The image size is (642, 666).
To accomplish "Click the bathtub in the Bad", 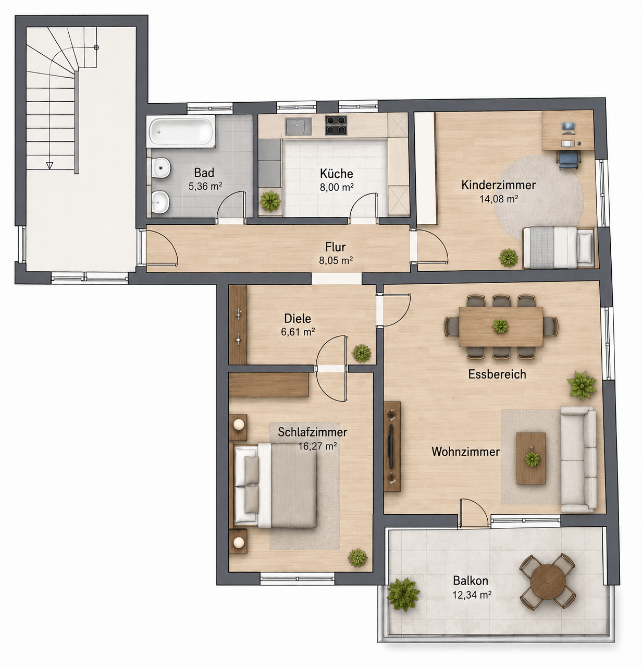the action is point(182,131).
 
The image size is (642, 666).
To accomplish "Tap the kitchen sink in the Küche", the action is point(298,125).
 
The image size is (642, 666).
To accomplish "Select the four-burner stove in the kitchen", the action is point(336,125).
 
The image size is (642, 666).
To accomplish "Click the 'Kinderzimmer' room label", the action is point(498,185).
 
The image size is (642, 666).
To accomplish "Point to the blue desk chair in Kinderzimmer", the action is point(568,160).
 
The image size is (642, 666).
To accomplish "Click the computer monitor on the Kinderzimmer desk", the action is point(569,127).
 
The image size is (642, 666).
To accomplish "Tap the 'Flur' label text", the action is point(335,247).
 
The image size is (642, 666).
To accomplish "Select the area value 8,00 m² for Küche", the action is point(336,187).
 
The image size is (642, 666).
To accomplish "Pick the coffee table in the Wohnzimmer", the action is point(530,458).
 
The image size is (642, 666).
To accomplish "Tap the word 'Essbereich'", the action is point(497,374).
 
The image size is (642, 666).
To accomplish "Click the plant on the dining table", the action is point(500,326).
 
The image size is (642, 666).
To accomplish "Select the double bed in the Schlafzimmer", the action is point(275,486).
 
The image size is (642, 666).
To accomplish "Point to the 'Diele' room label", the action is point(298,319).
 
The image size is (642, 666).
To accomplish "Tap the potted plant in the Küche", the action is point(270,201).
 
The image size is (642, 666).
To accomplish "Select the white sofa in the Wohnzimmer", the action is point(578,459).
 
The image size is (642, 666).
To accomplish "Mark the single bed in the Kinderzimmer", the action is point(559,247).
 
